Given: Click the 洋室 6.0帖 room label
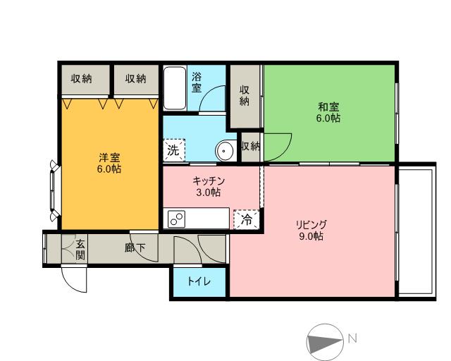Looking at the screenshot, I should (109, 164).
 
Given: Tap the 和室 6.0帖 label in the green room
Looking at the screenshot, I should (328, 113).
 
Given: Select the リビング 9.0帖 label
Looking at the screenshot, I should (310, 231).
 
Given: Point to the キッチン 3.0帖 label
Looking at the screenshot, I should (208, 186).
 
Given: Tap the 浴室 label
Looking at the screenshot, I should (197, 82).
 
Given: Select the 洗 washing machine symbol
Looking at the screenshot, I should (173, 149).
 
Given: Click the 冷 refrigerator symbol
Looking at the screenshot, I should (246, 219).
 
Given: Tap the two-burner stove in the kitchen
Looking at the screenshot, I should (176, 219).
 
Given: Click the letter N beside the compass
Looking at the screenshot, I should (352, 338).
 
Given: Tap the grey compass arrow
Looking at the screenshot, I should (324, 341).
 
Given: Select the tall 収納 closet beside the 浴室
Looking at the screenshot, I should (245, 95).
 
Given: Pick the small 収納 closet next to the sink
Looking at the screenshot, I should (250, 147).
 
